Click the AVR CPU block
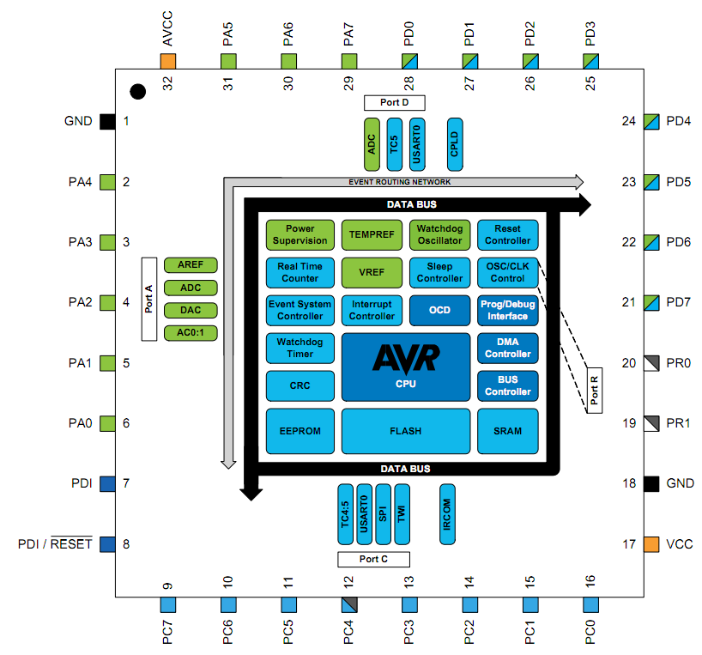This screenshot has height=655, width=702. pyautogui.click(x=406, y=367)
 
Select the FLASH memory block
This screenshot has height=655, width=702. pyautogui.click(x=406, y=431)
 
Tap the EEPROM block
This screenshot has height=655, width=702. pyautogui.click(x=300, y=431)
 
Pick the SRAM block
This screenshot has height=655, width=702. pyautogui.click(x=507, y=431)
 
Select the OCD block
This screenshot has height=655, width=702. pyautogui.click(x=439, y=310)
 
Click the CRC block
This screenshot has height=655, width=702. pyautogui.click(x=300, y=385)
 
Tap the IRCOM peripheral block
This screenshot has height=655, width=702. pyautogui.click(x=446, y=513)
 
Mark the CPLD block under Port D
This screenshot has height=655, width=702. pyautogui.click(x=454, y=143)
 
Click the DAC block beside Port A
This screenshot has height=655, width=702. pyautogui.click(x=190, y=310)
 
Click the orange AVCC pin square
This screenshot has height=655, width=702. pyautogui.click(x=168, y=61)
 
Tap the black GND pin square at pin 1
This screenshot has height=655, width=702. pyautogui.click(x=107, y=121)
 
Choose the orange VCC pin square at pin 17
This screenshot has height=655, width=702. pyautogui.click(x=651, y=543)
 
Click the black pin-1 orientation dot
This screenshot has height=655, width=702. pyautogui.click(x=136, y=90)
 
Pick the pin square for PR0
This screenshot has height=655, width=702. pyautogui.click(x=651, y=362)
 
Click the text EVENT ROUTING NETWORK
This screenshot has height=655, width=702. pyautogui.click(x=399, y=182)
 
